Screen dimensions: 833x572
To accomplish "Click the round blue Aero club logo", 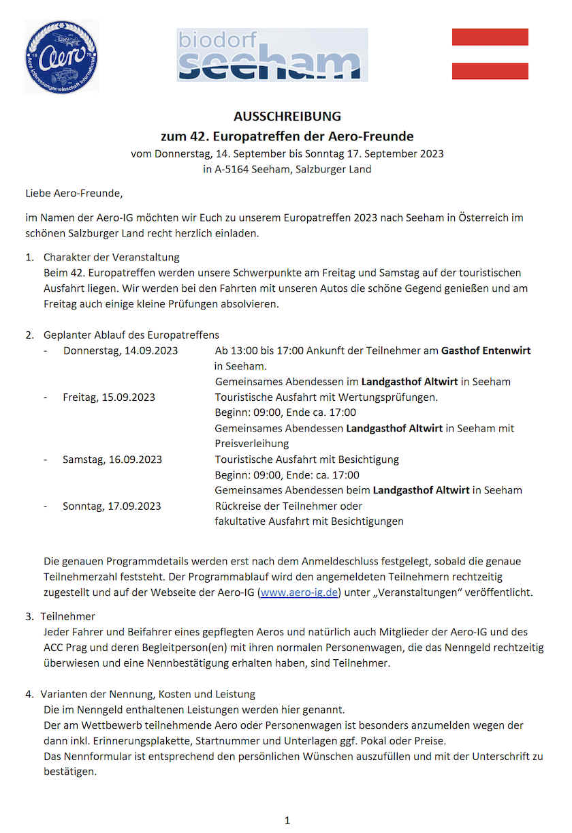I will [x=61, y=57].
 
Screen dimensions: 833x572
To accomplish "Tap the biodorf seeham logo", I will [x=272, y=55].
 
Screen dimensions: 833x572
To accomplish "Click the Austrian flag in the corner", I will [x=490, y=54].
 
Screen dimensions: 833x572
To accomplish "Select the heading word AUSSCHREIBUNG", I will [x=287, y=117].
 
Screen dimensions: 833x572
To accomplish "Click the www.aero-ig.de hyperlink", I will [x=299, y=592].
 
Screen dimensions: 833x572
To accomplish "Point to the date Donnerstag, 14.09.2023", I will [x=121, y=351].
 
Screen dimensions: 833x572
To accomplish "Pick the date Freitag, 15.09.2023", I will [x=109, y=397].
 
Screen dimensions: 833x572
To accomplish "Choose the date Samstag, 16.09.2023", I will [x=112, y=459].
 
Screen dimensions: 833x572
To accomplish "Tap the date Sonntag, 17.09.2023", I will [x=112, y=506].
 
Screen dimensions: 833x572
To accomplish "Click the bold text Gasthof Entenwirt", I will [x=486, y=351].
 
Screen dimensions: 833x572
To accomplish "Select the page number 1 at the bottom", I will [x=287, y=820].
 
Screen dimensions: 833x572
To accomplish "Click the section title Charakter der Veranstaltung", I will [x=111, y=258].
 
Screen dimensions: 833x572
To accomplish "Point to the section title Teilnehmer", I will [x=67, y=616].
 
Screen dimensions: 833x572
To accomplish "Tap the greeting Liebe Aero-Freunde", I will [x=74, y=194].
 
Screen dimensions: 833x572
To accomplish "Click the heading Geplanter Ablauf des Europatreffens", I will [x=131, y=335].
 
